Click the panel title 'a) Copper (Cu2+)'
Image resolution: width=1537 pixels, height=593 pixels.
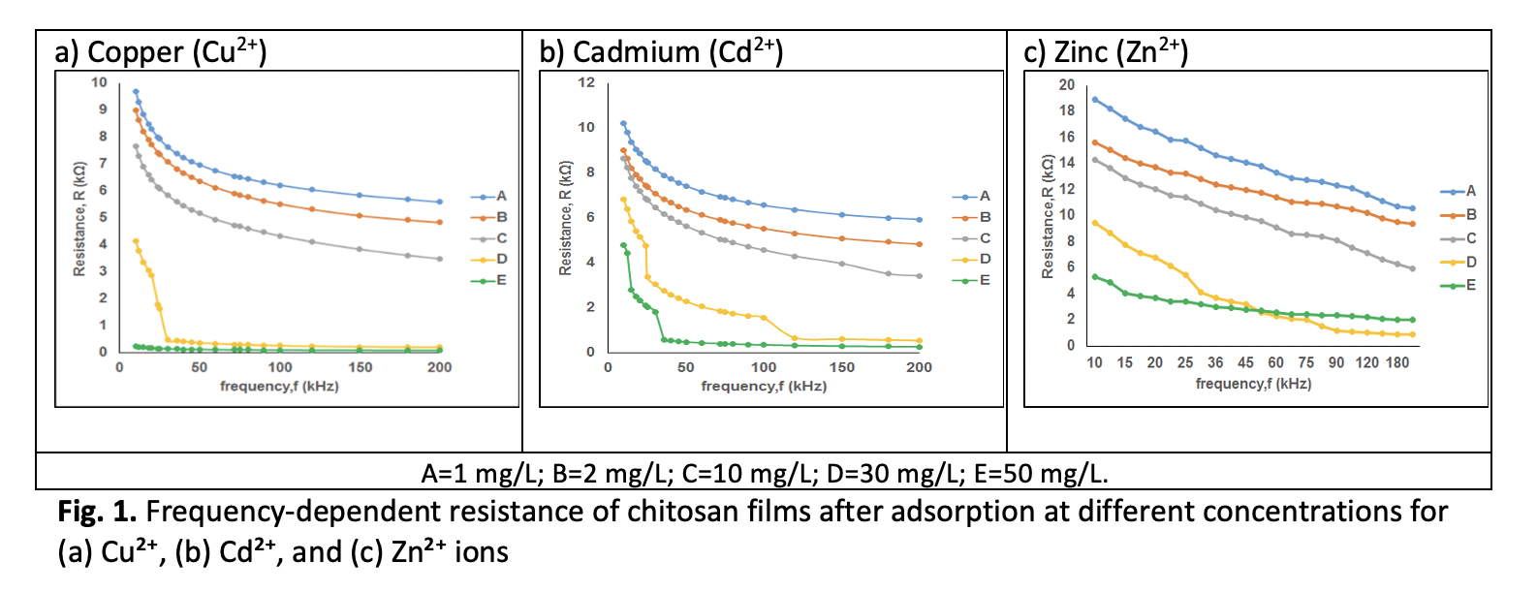[161, 51]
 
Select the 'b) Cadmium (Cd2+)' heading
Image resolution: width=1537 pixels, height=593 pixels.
[661, 51]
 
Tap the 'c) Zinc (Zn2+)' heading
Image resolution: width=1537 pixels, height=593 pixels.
[1106, 51]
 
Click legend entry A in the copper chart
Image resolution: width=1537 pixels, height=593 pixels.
[489, 197]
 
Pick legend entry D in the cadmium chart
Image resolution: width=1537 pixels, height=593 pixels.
[971, 259]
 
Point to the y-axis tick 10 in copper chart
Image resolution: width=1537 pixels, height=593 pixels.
[100, 82]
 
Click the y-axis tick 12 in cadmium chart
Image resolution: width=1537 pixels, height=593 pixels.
[586, 82]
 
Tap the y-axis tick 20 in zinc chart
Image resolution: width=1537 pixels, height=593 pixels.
[1067, 84]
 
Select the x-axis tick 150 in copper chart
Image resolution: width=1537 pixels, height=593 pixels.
[361, 367]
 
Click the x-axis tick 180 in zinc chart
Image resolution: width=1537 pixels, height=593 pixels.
[1397, 362]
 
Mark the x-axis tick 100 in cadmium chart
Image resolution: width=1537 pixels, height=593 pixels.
[764, 367]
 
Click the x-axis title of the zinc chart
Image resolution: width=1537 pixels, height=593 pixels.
[1254, 384]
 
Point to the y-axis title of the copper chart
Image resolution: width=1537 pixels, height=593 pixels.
[79, 219]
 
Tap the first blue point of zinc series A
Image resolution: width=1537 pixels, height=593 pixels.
[1095, 100]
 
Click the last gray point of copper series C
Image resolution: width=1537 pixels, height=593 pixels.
[440, 259]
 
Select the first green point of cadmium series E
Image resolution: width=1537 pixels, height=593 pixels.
[623, 245]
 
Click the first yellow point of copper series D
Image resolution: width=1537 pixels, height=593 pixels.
[136, 241]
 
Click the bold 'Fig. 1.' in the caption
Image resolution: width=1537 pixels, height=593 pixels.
[97, 512]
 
